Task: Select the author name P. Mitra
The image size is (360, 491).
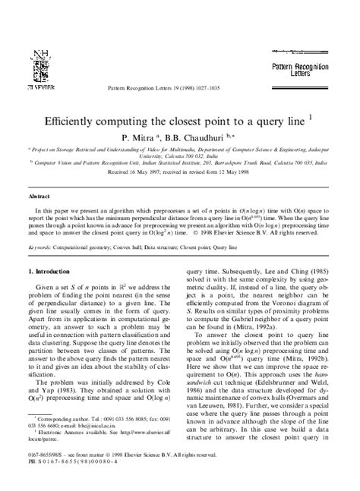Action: pyautogui.click(x=134, y=138)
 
